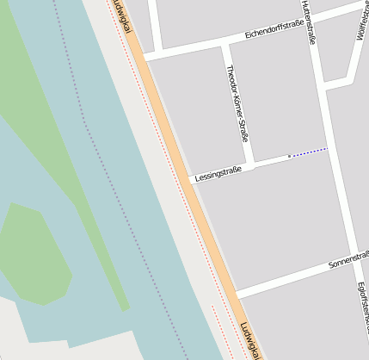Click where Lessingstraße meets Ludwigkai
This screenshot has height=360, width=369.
point(191,180)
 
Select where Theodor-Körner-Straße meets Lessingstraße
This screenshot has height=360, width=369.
point(249,164)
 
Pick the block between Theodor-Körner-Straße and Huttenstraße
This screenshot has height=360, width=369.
point(280,95)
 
